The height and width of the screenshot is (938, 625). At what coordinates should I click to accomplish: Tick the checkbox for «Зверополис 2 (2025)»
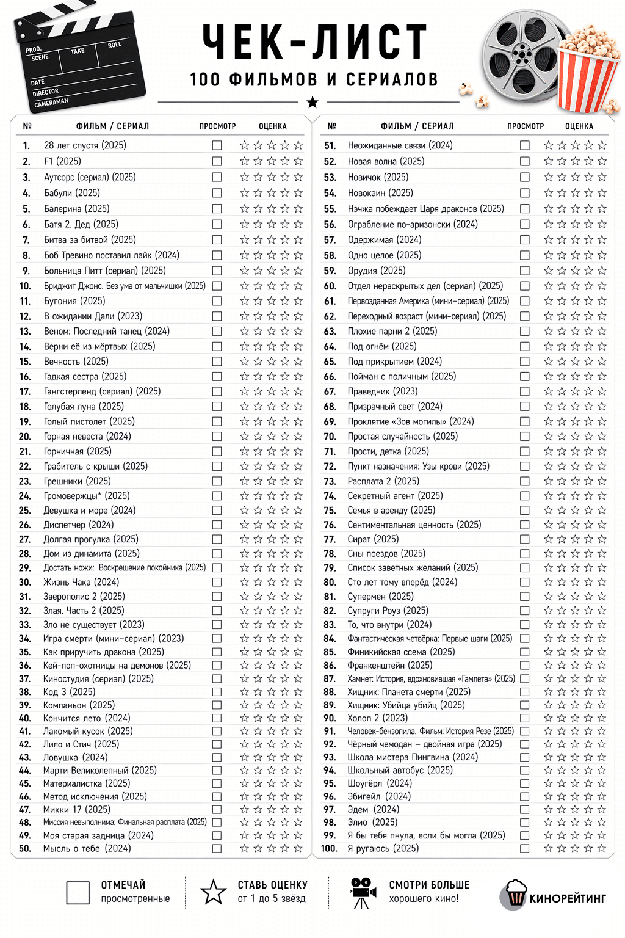217,597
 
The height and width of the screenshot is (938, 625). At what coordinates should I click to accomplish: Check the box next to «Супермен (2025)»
524,597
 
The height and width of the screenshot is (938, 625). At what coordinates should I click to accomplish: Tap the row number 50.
25,848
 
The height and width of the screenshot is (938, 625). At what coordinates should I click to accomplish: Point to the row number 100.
329,848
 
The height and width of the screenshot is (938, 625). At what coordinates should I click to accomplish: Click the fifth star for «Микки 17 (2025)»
298,810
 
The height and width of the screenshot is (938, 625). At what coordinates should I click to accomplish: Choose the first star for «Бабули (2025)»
244,193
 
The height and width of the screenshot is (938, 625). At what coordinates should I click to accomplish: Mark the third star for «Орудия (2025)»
575,271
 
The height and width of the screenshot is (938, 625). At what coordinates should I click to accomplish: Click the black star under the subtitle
312,102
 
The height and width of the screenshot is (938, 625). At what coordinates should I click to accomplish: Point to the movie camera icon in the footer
362,893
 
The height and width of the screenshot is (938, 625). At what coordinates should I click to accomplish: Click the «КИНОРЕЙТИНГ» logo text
567,898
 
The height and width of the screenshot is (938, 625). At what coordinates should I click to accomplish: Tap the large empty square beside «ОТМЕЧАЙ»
78,892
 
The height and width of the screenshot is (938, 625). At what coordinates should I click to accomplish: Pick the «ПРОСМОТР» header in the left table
217,126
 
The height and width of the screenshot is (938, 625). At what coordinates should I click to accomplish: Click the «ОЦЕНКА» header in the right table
579,126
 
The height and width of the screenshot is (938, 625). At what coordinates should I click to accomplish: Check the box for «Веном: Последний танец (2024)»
217,331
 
